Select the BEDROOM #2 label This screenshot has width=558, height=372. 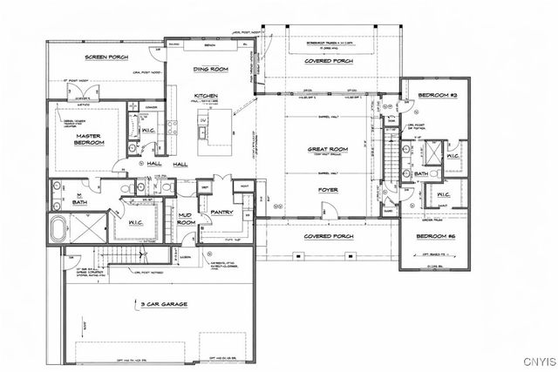point(433,93)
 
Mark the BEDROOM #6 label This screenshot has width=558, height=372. point(433,237)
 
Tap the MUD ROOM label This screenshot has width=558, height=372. point(186,220)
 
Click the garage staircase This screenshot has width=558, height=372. point(122,254)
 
